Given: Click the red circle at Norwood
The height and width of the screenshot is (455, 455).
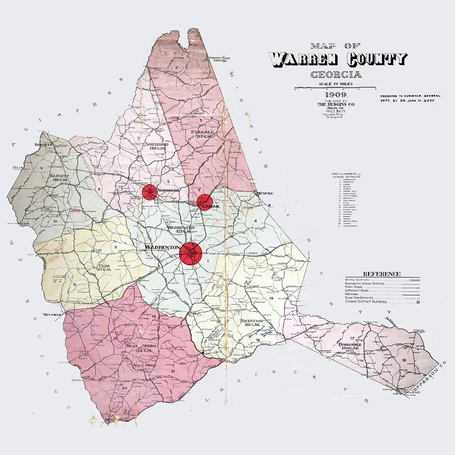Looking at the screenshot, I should pos(150,192).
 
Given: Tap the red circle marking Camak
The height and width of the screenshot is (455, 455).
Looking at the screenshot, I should pos(204,201).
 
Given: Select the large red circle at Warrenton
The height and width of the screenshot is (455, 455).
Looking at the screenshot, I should pos(191,254).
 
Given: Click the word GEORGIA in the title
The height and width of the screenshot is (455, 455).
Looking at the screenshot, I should pos(335,75).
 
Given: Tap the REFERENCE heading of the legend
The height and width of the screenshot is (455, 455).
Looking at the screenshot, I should pos(382,274).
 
